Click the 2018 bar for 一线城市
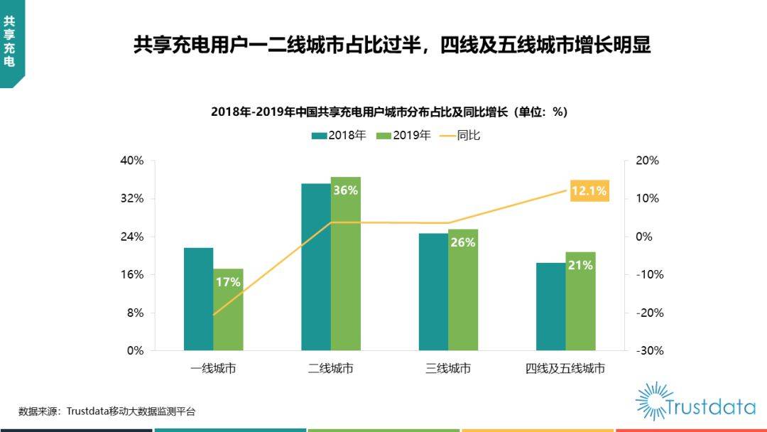coord(198,298)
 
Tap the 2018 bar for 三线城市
coord(433,291)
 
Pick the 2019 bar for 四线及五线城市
coord(580,306)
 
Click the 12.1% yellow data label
coord(589,190)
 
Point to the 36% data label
coord(345,190)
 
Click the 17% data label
coord(228,282)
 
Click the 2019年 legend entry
coord(403,135)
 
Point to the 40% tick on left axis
coord(132,161)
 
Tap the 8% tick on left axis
coord(135,313)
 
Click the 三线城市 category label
coord(448,369)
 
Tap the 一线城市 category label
coord(213,369)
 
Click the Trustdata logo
coord(695,402)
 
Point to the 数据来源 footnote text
coord(107,411)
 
